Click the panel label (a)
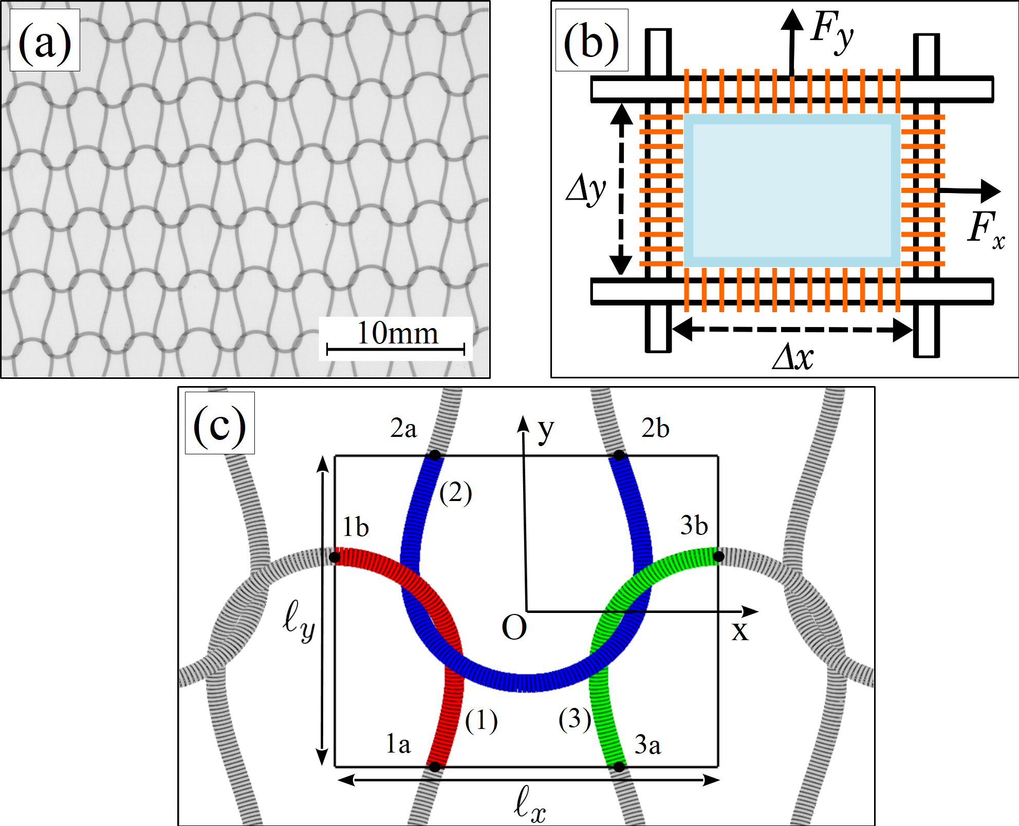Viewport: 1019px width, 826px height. coord(45,42)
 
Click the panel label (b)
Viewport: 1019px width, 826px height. coord(591,42)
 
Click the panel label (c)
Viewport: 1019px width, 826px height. coord(219,424)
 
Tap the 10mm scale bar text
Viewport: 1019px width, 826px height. coord(397,333)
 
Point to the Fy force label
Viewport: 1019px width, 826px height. coord(831,31)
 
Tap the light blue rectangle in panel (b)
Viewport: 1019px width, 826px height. coord(792,190)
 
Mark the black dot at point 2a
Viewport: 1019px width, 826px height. coord(435,455)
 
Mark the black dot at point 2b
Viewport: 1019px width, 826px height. coord(619,455)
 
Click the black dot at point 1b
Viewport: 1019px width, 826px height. coord(335,556)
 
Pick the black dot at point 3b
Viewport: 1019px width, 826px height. coord(718,556)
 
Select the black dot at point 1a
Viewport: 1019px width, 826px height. coord(435,767)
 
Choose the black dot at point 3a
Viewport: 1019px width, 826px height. coord(619,767)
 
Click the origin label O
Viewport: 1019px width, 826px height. coord(514,627)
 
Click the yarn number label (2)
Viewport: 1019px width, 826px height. coord(455,493)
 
